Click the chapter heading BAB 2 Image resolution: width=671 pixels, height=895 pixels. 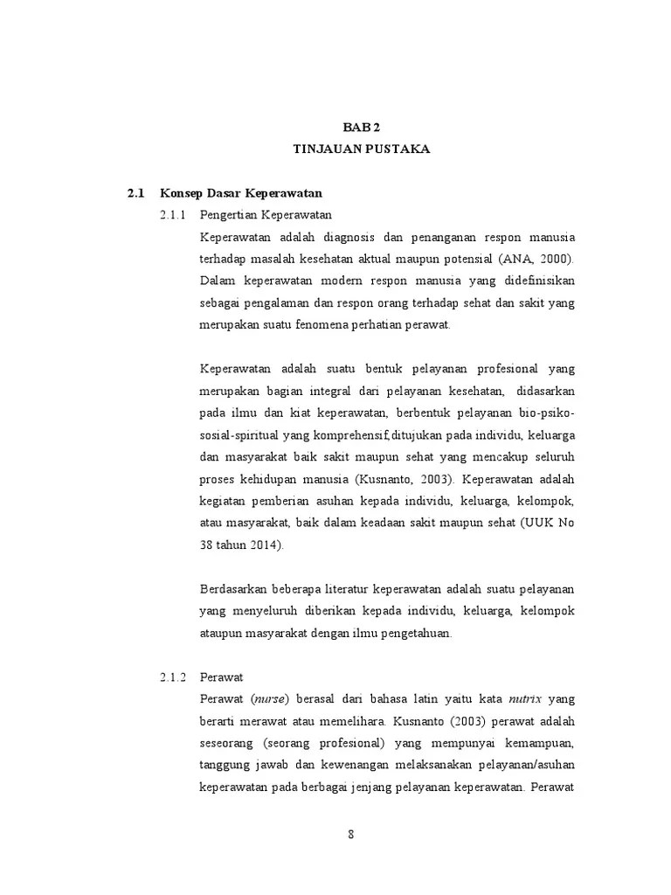(361, 128)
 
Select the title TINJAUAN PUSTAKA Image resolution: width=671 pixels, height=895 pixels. (361, 149)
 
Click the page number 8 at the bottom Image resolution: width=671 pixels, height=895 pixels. (350, 834)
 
